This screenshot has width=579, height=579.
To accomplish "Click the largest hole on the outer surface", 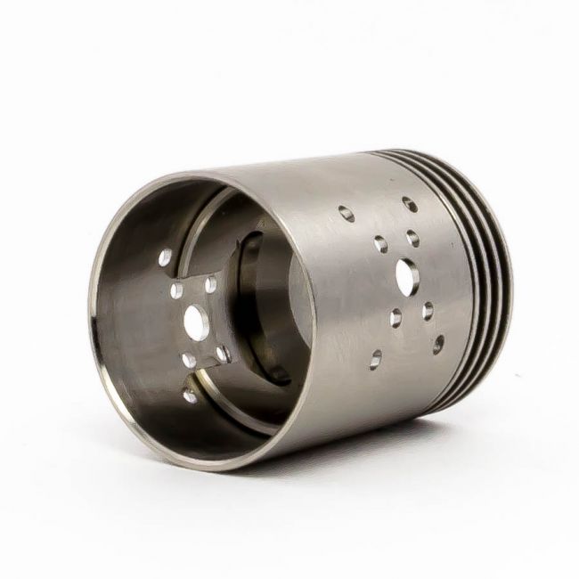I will pos(404,277).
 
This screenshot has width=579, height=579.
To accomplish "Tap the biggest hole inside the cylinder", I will pos(196,322).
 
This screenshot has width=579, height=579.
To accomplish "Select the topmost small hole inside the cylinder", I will pos(165,258).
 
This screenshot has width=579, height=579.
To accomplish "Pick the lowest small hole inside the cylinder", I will pos(190,396).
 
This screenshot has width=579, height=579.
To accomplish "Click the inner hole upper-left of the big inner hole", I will pos(176,289).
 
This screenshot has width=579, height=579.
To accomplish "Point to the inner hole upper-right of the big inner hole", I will pos(210,285).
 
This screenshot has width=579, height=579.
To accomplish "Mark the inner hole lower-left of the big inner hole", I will pos(189,361).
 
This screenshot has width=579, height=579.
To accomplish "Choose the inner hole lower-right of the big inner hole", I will pos(222,354).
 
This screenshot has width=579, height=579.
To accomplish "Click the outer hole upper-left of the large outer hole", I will pos(380,243).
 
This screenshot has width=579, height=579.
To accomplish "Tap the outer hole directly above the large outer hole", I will pos(412,238).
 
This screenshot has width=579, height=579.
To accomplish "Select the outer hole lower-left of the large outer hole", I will pos(396,318).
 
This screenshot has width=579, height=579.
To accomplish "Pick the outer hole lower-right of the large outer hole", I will pos(428,311).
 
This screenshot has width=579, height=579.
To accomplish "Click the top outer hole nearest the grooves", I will pos(409,204).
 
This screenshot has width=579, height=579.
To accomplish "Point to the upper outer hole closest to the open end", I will pos(346,214).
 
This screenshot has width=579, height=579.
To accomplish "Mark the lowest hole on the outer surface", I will pos(375,359).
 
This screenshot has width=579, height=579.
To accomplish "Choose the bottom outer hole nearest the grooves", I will pos(437,344).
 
